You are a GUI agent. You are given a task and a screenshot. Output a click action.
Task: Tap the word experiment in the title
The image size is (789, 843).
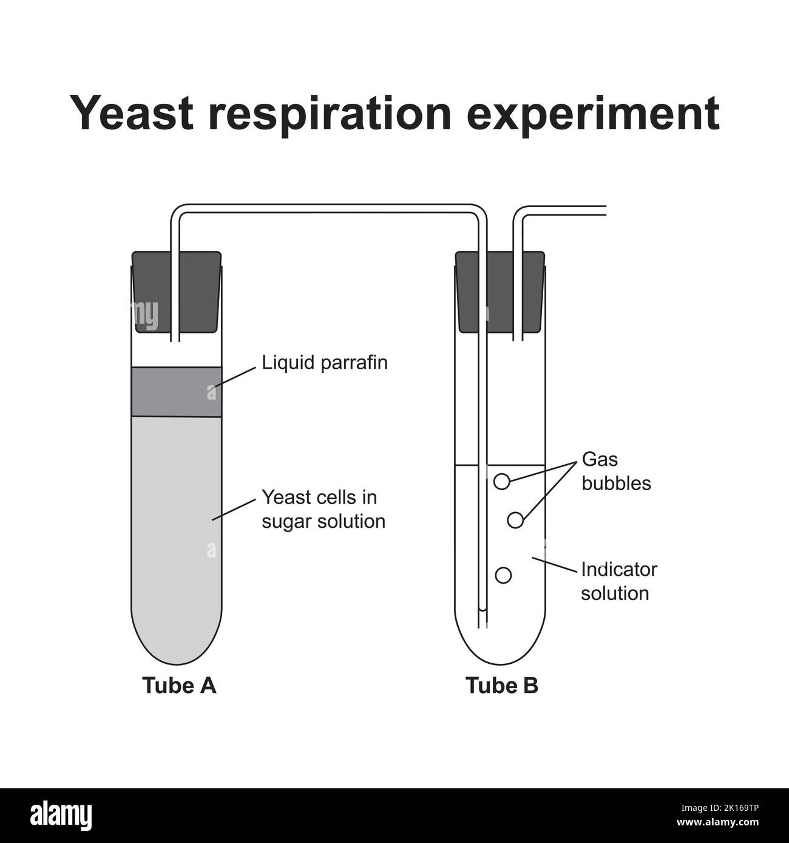pyautogui.click(x=595, y=114)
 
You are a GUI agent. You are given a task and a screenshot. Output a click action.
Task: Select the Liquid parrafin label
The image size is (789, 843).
pyautogui.click(x=324, y=363)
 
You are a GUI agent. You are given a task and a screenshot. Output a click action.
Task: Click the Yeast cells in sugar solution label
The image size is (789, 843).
pyautogui.click(x=323, y=509)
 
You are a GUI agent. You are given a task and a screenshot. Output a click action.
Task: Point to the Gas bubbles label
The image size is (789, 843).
pyautogui.click(x=615, y=471)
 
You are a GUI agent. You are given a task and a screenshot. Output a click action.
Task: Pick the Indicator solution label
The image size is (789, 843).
pyautogui.click(x=618, y=581)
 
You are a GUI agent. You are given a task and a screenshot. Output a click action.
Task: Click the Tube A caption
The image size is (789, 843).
pyautogui.click(x=179, y=685)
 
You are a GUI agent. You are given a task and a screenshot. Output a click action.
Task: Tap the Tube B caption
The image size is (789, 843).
pyautogui.click(x=502, y=685)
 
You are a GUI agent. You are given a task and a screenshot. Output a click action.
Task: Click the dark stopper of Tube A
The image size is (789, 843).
pyautogui.click(x=152, y=292)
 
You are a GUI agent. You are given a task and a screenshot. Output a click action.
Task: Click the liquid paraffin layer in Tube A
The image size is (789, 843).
pyautogui.click(x=177, y=392)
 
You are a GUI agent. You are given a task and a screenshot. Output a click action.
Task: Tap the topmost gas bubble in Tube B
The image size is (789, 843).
pyautogui.click(x=501, y=482)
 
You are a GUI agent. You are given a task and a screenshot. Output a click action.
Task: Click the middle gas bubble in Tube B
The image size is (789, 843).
pyautogui.click(x=515, y=520)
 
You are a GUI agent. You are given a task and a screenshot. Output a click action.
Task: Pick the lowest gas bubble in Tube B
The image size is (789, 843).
pyautogui.click(x=503, y=575)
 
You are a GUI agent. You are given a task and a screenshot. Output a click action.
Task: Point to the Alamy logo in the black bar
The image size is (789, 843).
pyautogui.click(x=63, y=814)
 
